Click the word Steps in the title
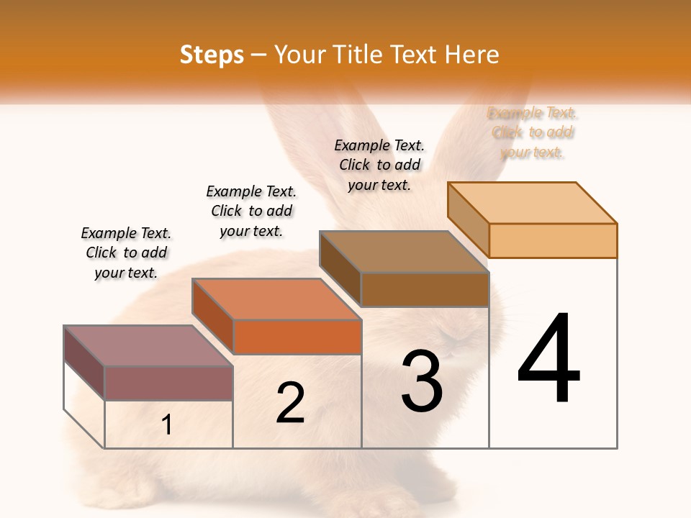pyautogui.click(x=212, y=55)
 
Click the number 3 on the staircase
pyautogui.click(x=422, y=381)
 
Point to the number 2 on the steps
pyautogui.click(x=290, y=402)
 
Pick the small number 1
pyautogui.click(x=167, y=425)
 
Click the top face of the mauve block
pyautogui.click(x=148, y=346)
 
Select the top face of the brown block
pyautogui.click(x=403, y=252)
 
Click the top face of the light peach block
pyautogui.click(x=531, y=203)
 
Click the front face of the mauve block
pyautogui.click(x=168, y=383)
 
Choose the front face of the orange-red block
pyautogui.click(x=297, y=337)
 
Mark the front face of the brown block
pyautogui.click(x=425, y=289)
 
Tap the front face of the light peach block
pyautogui.click(x=553, y=240)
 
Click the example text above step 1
pyautogui.click(x=126, y=253)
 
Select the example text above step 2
pyautogui.click(x=251, y=211)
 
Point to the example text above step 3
pyautogui.click(x=379, y=165)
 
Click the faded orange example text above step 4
pyautogui.click(x=533, y=132)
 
